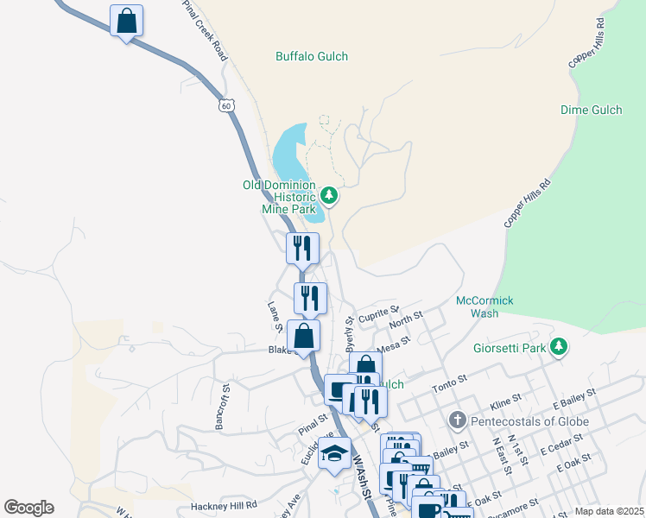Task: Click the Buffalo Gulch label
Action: pyautogui.click(x=311, y=57)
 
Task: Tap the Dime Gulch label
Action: pyautogui.click(x=590, y=110)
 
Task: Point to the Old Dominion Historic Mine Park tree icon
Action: pyautogui.click(x=329, y=196)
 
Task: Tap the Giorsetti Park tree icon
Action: pyautogui.click(x=560, y=347)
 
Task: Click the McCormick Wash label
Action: pyautogui.click(x=484, y=306)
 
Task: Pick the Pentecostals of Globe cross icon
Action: pyautogui.click(x=458, y=421)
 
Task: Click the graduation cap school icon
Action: pyautogui.click(x=334, y=453)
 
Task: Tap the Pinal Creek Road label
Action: pyautogui.click(x=205, y=29)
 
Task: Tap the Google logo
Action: pyautogui.click(x=28, y=508)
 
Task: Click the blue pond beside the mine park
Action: pyautogui.click(x=288, y=155)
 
